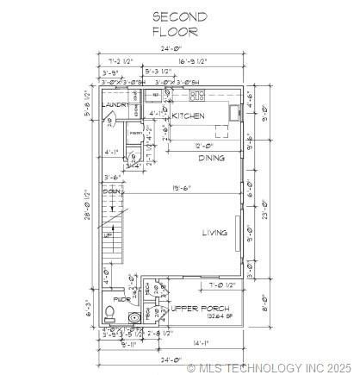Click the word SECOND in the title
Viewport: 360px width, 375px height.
179,16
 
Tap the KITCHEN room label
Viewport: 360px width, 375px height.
188,116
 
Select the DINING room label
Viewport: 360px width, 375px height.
212,158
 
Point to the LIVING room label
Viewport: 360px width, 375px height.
214,232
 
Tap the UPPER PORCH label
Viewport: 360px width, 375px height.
197,308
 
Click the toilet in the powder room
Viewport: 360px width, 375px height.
109,313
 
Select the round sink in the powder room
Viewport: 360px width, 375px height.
133,318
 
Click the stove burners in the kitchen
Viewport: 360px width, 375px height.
197,96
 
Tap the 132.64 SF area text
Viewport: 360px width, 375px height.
202,316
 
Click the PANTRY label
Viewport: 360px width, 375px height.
135,132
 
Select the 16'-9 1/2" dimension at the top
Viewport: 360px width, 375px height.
203,62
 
